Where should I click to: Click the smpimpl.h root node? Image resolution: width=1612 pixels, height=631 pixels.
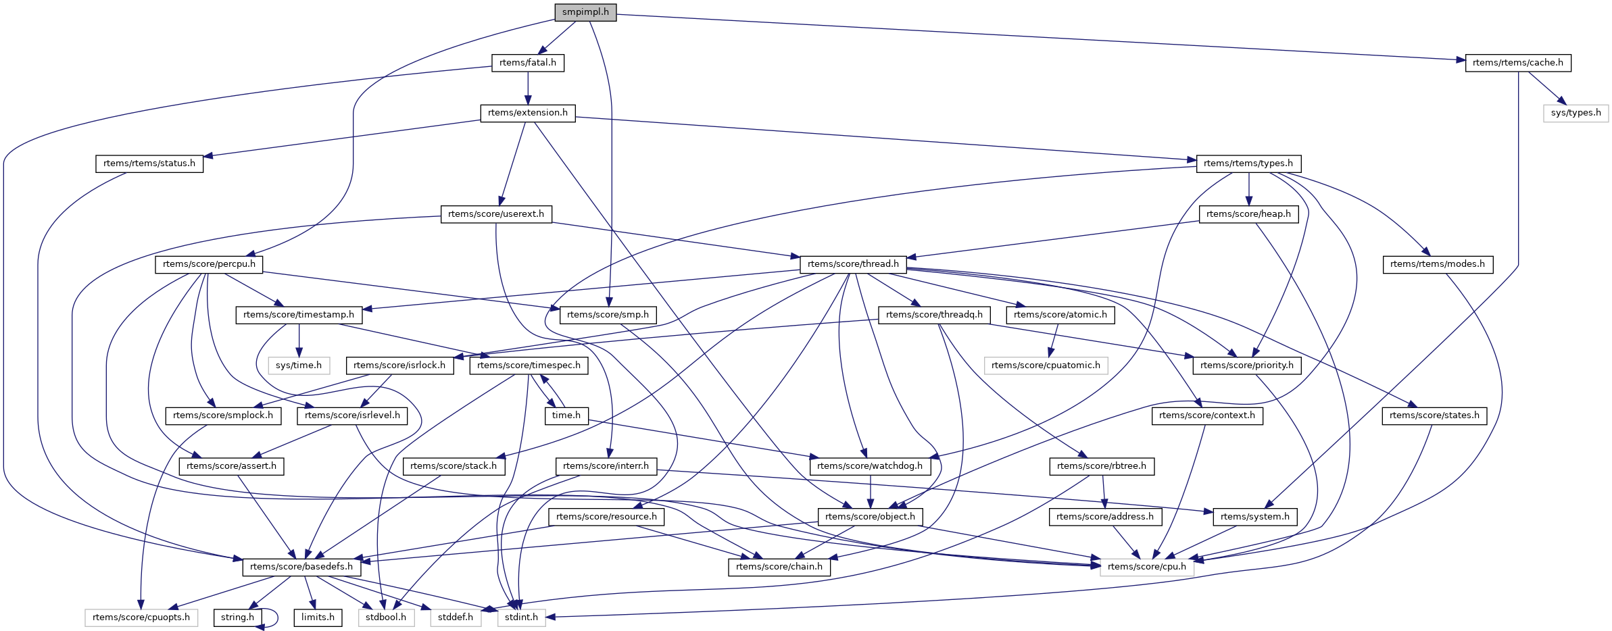(x=585, y=12)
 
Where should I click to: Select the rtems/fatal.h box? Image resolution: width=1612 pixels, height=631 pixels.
(x=527, y=63)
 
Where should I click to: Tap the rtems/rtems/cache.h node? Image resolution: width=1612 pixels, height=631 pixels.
(x=1517, y=63)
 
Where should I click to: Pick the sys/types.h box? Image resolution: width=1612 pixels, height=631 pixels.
(x=1576, y=113)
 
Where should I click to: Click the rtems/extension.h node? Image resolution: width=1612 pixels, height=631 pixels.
(x=527, y=113)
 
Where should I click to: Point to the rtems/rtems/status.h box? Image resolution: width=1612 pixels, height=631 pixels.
(x=149, y=163)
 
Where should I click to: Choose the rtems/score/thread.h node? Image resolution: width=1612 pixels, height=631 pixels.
(x=853, y=264)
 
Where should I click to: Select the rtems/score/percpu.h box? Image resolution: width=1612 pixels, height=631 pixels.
(x=209, y=264)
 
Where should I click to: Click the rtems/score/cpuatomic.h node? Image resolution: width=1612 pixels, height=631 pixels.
(x=1046, y=365)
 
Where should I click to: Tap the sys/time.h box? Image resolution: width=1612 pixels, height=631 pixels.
(x=299, y=365)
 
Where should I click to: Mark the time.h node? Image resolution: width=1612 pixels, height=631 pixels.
(x=566, y=415)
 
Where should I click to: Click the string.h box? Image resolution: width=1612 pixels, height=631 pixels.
(x=237, y=617)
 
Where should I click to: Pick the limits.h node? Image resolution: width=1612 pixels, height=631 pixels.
(x=318, y=617)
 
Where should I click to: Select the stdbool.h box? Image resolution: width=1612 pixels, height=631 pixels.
(x=385, y=617)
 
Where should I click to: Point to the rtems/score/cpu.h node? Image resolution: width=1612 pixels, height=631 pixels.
(x=1146, y=567)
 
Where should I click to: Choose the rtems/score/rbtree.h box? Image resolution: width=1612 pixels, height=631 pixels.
(x=1102, y=466)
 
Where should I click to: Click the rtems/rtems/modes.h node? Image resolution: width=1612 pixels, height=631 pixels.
(x=1437, y=264)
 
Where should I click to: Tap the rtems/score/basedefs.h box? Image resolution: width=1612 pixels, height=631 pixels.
(x=301, y=567)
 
